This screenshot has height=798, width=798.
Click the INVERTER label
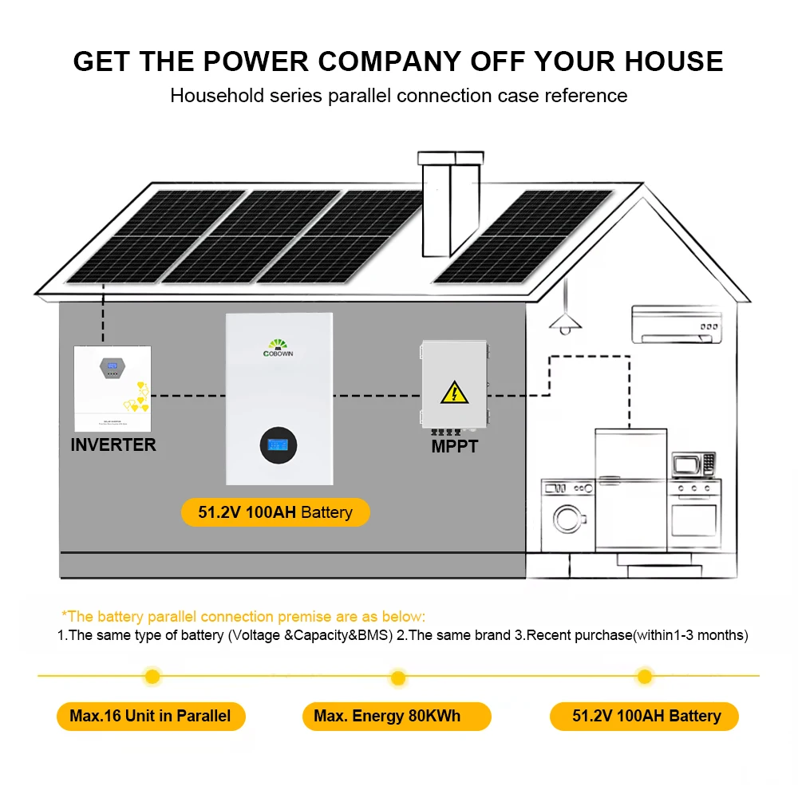113,444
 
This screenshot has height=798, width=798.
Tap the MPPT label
454,447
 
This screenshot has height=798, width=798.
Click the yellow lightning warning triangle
454,392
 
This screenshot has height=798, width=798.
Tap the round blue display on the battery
279,445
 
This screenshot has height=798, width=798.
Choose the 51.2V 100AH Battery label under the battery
275,512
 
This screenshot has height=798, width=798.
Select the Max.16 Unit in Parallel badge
150,716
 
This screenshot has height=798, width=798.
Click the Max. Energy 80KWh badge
397,716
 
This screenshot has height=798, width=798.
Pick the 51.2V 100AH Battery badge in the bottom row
646,716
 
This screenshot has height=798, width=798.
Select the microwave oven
693,464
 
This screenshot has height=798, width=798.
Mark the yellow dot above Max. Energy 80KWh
397,678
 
